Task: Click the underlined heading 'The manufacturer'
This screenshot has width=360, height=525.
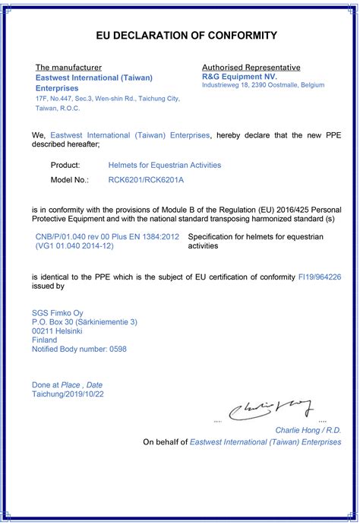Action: click(68, 68)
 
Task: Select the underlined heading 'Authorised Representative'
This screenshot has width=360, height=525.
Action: click(251, 68)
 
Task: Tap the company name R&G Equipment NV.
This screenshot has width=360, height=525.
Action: click(239, 77)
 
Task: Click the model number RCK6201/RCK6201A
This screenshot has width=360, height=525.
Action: click(147, 181)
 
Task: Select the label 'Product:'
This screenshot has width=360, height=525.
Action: click(65, 165)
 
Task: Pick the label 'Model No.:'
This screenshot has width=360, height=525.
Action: click(70, 181)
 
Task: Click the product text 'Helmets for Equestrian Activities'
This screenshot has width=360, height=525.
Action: click(165, 165)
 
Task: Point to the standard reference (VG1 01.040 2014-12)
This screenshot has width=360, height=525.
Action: click(75, 246)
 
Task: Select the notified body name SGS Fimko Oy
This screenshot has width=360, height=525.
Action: click(58, 313)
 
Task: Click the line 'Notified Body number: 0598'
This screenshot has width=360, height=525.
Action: click(80, 349)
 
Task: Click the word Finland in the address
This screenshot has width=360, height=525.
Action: click(45, 340)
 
